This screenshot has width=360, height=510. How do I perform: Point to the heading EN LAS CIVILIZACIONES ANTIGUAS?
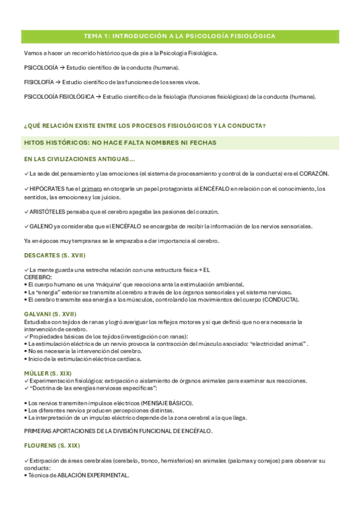79,159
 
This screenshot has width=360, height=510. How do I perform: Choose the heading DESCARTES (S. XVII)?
55,256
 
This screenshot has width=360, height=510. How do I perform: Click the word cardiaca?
128,358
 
